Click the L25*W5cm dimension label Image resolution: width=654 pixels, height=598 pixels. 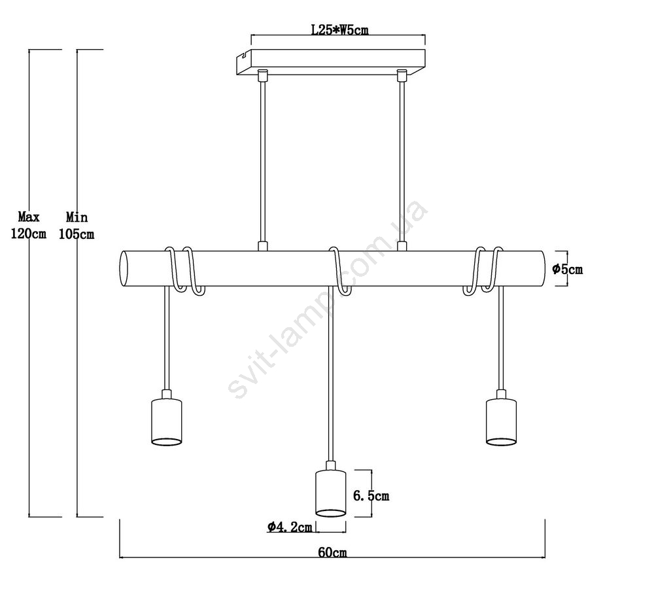[x=340, y=29]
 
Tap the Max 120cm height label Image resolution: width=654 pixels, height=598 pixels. [x=28, y=225]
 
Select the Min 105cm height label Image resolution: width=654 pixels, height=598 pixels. [x=77, y=225]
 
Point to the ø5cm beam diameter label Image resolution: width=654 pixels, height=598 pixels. [x=567, y=269]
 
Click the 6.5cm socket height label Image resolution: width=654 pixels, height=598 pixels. [x=371, y=496]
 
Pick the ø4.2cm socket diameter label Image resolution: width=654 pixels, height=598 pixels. [x=290, y=527]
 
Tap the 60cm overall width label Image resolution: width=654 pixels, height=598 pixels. [x=332, y=552]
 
